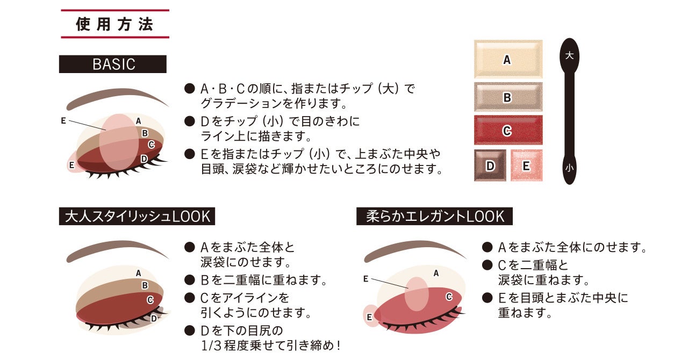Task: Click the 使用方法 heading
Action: [114, 25]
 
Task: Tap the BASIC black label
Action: [113, 64]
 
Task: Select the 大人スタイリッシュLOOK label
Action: [137, 217]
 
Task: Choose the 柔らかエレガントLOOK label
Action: [435, 217]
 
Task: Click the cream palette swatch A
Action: [508, 60]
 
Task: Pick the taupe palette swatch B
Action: [508, 97]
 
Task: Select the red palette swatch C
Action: [508, 131]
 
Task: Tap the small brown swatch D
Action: [490, 165]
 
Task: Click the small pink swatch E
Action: [526, 165]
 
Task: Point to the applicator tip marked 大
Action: [569, 55]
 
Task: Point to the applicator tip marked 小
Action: [569, 168]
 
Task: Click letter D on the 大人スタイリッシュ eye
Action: [154, 318]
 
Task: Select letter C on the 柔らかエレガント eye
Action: [449, 297]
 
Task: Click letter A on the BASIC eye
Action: [139, 121]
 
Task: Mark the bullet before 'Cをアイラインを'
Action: [189, 297]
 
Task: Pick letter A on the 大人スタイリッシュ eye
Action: [139, 273]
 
